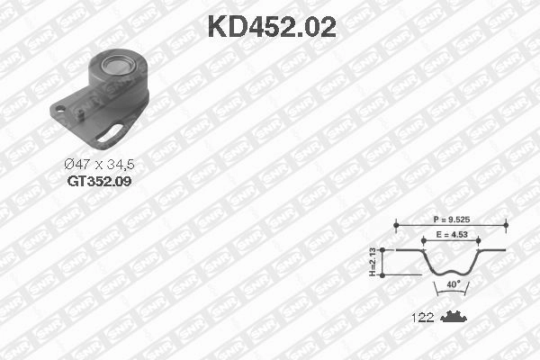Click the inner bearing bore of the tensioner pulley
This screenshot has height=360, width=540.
pos(119,65)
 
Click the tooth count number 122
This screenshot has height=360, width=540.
pos(423,317)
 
